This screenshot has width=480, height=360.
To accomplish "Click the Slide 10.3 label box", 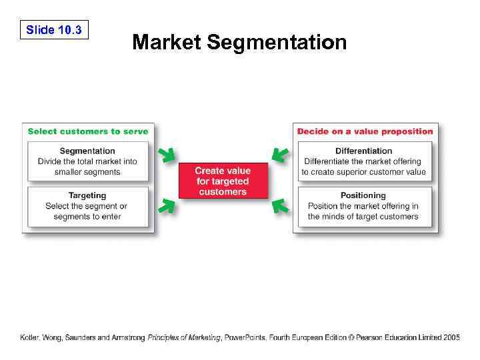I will (54, 30).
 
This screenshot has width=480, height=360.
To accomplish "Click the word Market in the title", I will (167, 43).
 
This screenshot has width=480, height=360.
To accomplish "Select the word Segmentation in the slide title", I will (277, 43).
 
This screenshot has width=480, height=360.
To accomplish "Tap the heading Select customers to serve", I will (88, 131).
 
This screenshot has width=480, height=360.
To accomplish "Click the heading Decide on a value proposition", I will (365, 131).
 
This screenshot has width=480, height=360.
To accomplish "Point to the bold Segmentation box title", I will (87, 151).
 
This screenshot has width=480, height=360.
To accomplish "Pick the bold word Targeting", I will (87, 195).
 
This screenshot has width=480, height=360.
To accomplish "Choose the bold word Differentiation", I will (363, 151).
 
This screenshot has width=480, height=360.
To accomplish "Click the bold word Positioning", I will (363, 195).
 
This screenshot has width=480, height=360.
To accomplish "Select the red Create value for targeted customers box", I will (223, 181).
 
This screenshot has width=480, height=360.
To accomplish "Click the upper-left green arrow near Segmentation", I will (167, 156).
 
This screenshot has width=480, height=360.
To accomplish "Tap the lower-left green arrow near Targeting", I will (167, 206).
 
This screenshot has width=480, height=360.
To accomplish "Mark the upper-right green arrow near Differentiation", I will (280, 156).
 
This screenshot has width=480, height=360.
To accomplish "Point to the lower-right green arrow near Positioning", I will (280, 206).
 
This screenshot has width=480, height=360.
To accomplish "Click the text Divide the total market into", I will (87, 161).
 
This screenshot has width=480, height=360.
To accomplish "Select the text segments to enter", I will (87, 217).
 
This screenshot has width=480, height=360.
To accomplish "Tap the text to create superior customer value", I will (363, 172).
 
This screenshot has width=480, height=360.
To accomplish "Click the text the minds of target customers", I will (363, 217).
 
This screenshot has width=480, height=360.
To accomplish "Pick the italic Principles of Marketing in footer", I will (184, 338).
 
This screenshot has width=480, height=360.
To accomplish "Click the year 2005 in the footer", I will (450, 338).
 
